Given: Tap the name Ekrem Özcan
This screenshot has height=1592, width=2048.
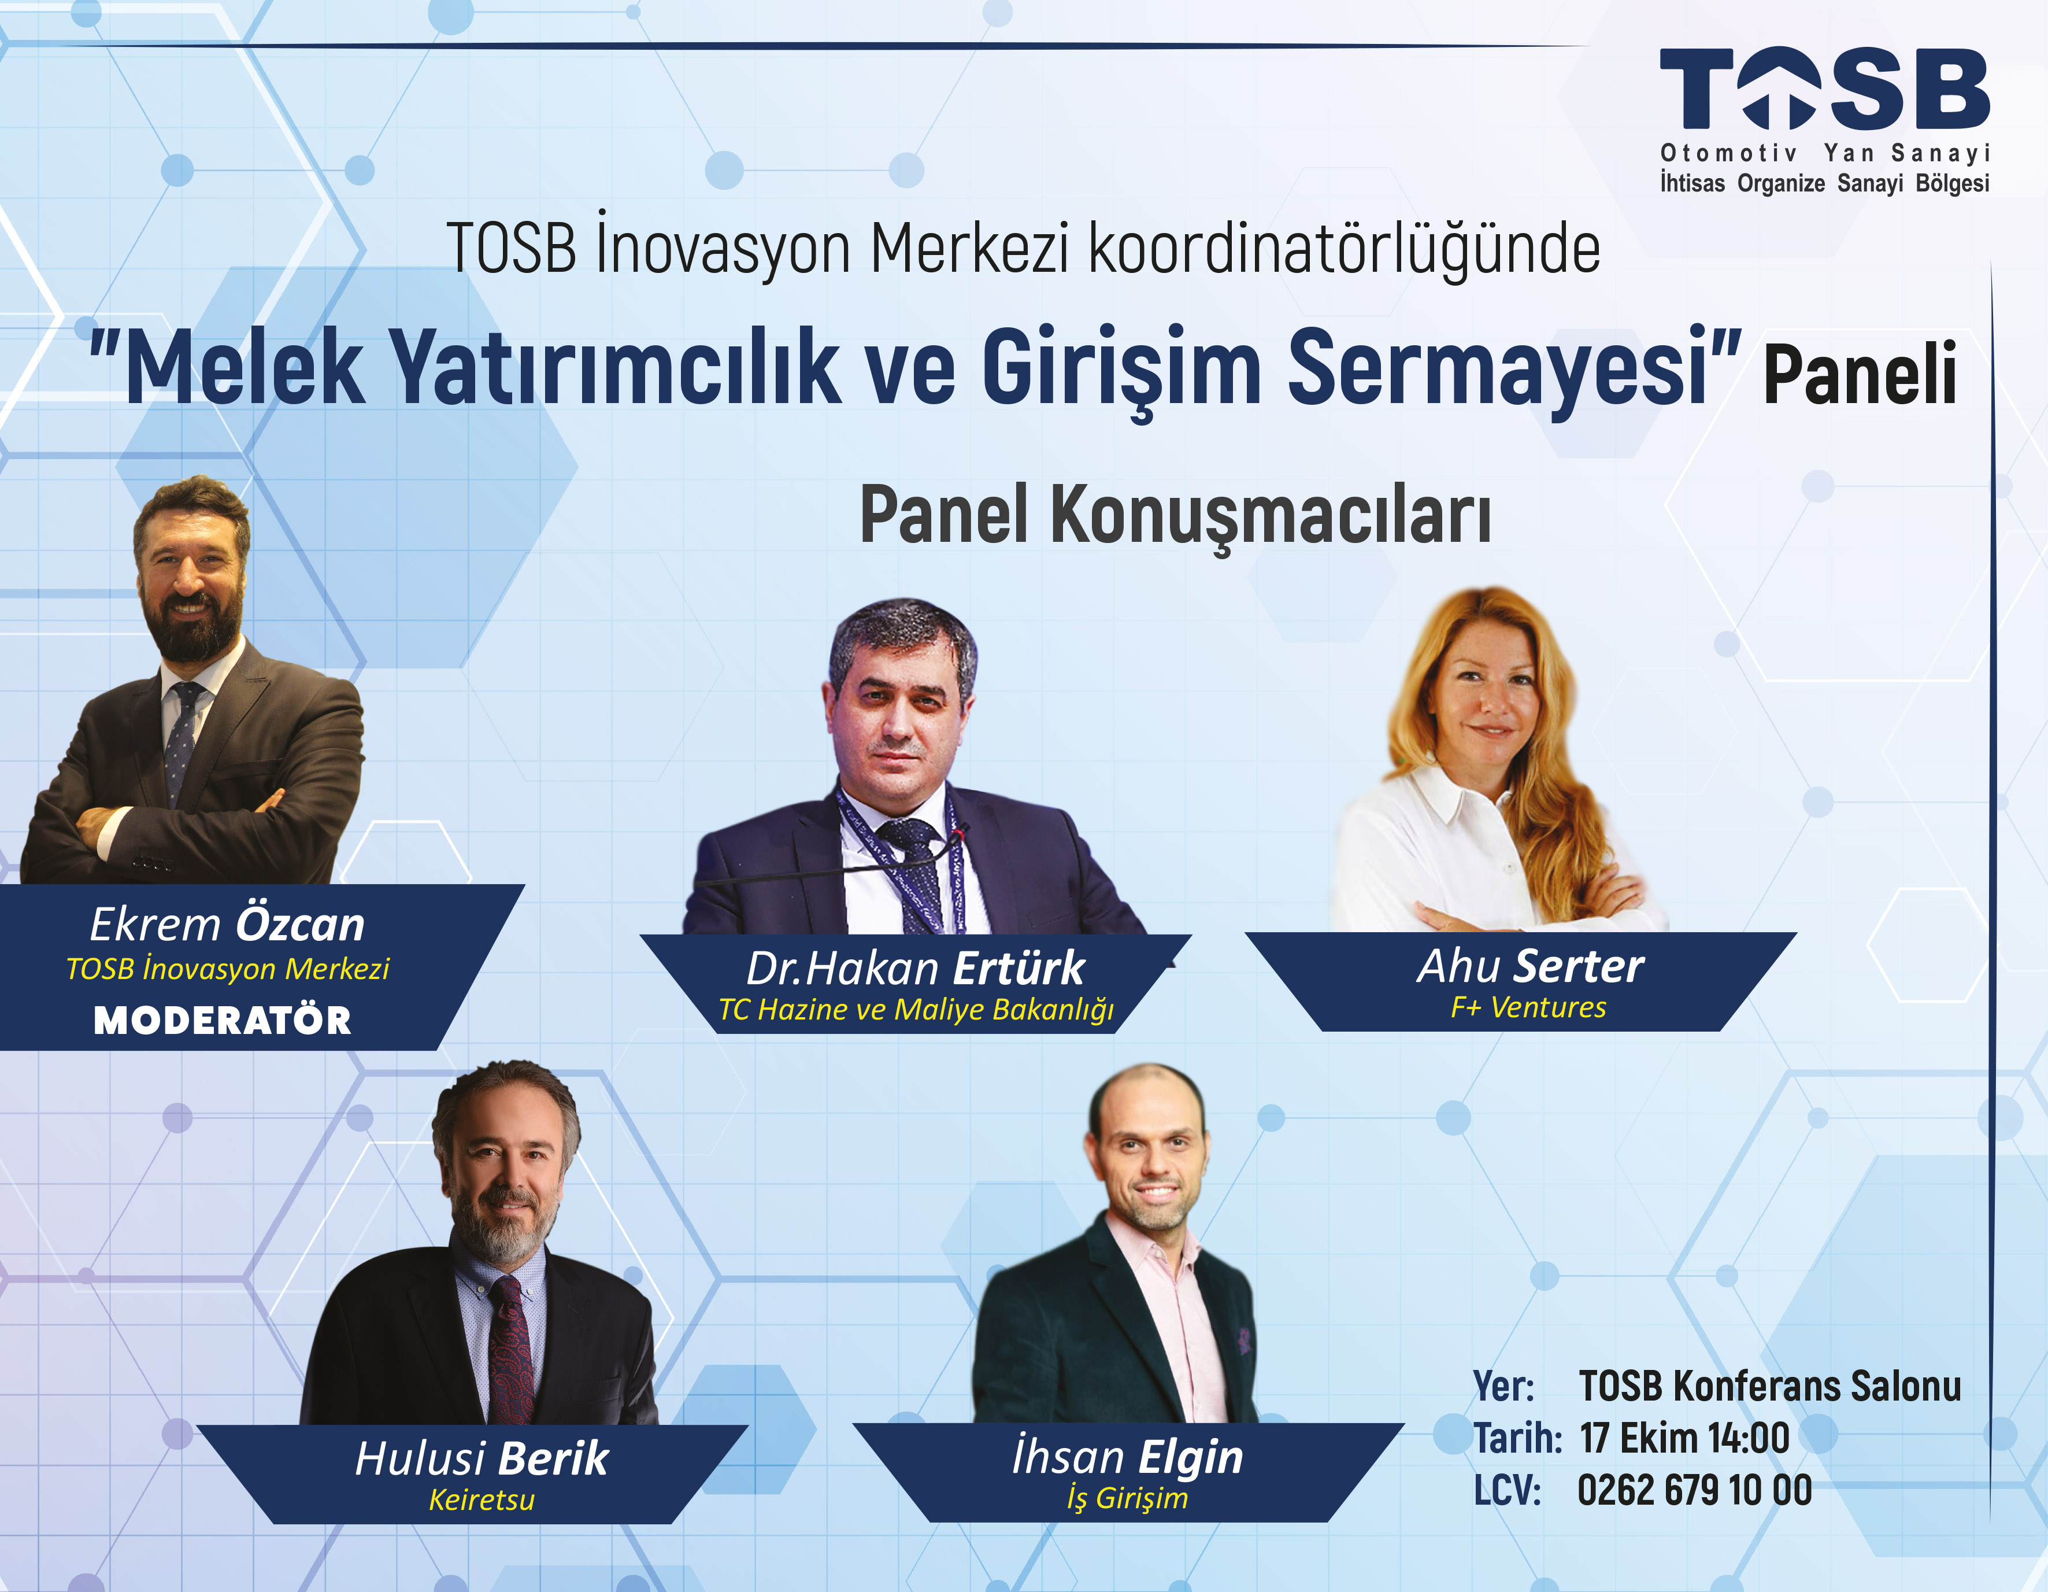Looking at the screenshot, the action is [227, 924].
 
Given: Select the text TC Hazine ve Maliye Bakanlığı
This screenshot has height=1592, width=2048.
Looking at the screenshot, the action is [916, 1010].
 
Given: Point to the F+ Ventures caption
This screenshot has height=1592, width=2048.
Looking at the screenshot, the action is [1528, 1007].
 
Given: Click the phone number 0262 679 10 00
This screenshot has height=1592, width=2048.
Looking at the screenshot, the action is [1694, 1491].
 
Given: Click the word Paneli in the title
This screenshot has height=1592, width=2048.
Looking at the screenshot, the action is [1861, 374].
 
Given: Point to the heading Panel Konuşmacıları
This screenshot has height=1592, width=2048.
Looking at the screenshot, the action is [1176, 516].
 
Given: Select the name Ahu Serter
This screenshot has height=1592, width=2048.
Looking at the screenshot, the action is [1531, 966].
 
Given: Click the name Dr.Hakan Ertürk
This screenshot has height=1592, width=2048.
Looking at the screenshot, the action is [915, 968].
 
